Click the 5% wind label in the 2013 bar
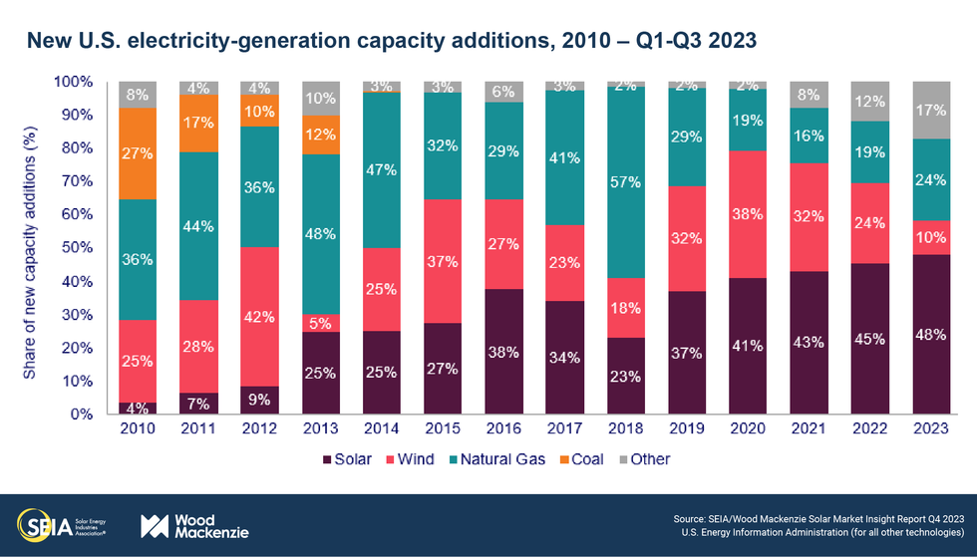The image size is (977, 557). pyautogui.click(x=321, y=322)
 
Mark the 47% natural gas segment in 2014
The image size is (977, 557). pyautogui.click(x=381, y=170)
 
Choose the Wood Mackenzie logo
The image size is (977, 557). pyautogui.click(x=194, y=525)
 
